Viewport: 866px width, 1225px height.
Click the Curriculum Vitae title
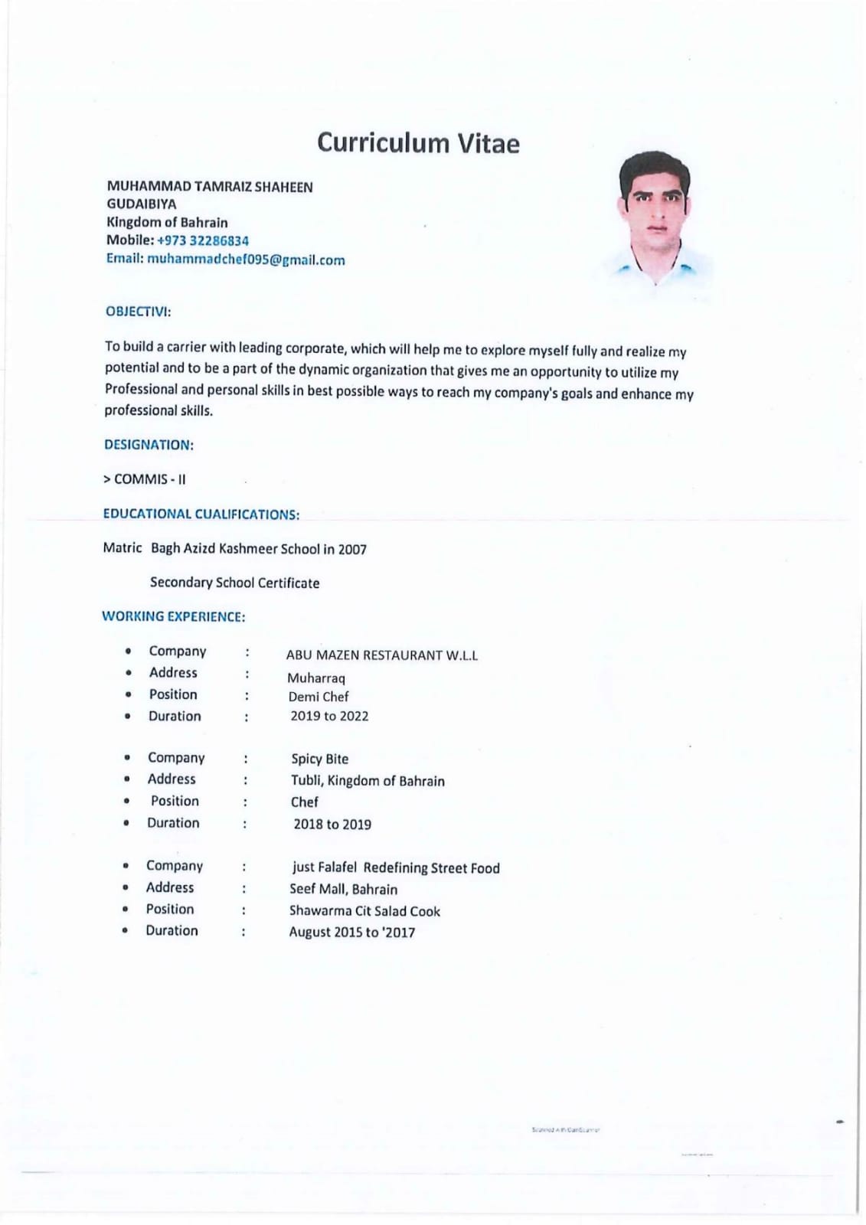[x=418, y=143]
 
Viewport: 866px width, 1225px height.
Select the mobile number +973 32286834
[x=203, y=240]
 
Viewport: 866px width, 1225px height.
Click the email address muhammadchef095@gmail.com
[x=246, y=260]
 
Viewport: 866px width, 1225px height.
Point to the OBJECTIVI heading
[x=138, y=312]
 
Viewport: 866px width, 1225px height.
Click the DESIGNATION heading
[x=149, y=445]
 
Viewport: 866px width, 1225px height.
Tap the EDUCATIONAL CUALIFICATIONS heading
[x=201, y=514]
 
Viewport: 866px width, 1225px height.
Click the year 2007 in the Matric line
[x=352, y=550]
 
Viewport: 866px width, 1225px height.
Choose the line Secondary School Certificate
[x=234, y=583]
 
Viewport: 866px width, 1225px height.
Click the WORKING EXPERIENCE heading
[x=173, y=616]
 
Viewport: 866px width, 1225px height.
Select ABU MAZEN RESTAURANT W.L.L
[x=381, y=655]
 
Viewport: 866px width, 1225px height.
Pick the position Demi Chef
[x=319, y=697]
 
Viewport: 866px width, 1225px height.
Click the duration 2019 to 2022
[x=329, y=717]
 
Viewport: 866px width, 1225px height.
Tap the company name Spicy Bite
[x=319, y=759]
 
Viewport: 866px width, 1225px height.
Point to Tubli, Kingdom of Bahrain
[x=368, y=781]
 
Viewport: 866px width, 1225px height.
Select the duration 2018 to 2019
[x=332, y=825]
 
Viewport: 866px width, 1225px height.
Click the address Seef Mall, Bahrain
[x=343, y=890]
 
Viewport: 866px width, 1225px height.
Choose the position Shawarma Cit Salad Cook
[x=364, y=911]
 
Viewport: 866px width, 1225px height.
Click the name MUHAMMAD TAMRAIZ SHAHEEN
[x=209, y=187]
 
